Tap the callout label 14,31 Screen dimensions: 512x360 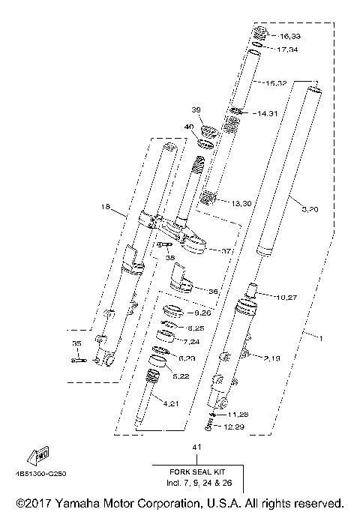(267, 114)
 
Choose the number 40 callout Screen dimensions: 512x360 (188, 127)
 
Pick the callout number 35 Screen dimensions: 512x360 (75, 343)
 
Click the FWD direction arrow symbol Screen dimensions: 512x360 (38, 455)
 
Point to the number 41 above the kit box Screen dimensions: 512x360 (198, 448)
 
